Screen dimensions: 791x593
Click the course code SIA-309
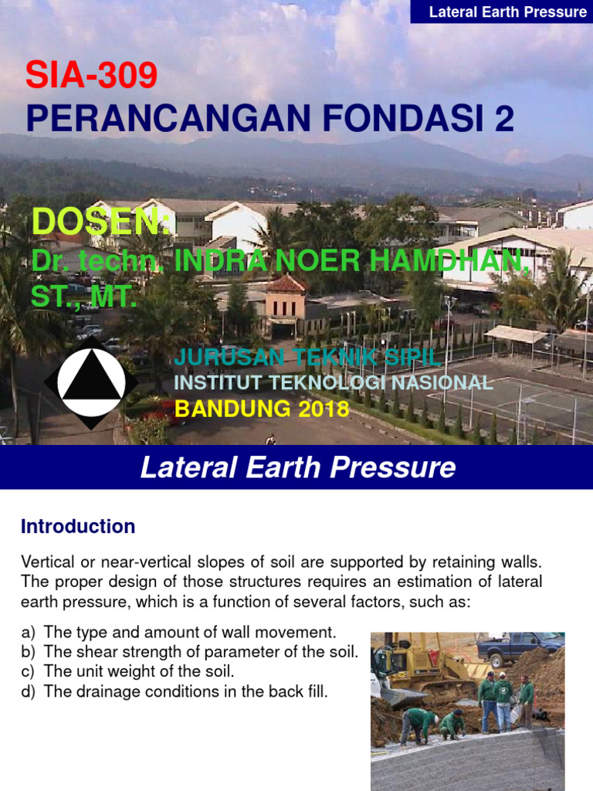coord(91,76)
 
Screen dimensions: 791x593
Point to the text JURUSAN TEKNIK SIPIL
coord(307,358)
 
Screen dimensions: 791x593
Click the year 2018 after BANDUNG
coord(324,409)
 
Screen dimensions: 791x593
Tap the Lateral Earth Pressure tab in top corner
coord(507,12)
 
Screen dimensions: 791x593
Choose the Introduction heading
coord(78,527)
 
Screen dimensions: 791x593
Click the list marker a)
coord(29,632)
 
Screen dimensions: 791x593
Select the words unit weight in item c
coord(108,671)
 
